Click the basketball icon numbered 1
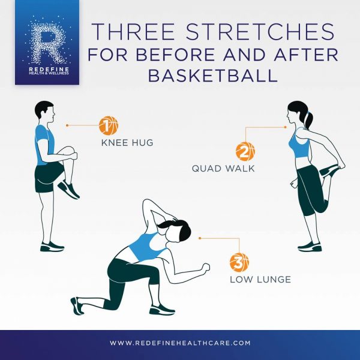[x=109, y=125]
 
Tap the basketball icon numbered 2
[x=245, y=152]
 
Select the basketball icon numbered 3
[x=239, y=262]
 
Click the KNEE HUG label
[x=127, y=143]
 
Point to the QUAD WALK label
[x=223, y=168]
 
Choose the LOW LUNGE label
[x=260, y=280]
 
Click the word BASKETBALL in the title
[x=213, y=76]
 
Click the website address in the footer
[x=180, y=343]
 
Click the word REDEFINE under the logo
[x=49, y=69]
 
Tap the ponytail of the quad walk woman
[x=309, y=120]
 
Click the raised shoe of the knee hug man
[x=68, y=189]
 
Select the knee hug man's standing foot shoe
[x=52, y=247]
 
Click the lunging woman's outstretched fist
[x=205, y=268]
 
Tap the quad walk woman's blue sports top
[x=299, y=144]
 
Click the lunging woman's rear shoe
[x=77, y=305]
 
